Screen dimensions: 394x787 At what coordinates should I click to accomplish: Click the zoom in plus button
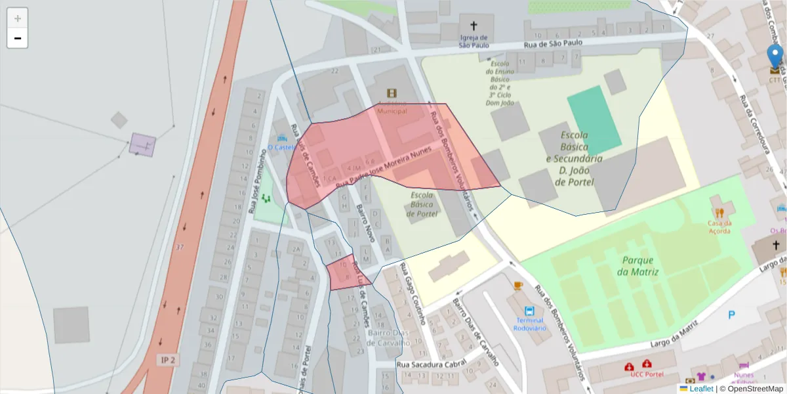pyautogui.click(x=18, y=18)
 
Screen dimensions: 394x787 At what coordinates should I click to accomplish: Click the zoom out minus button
pyautogui.click(x=18, y=38)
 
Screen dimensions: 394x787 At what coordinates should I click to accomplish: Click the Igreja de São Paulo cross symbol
pyautogui.click(x=474, y=26)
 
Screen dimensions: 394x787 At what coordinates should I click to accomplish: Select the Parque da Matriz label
pyautogui.click(x=637, y=265)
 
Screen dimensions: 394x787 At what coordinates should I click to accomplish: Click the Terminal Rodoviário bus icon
pyautogui.click(x=529, y=311)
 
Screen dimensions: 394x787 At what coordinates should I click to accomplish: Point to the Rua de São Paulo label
pyautogui.click(x=553, y=44)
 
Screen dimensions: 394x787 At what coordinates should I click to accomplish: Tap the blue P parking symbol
pyautogui.click(x=731, y=315)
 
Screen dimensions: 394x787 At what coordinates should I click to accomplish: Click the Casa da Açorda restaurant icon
pyautogui.click(x=719, y=213)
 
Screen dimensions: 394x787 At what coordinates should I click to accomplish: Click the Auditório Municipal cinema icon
pyautogui.click(x=392, y=93)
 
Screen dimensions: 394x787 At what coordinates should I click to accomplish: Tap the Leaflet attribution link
pyautogui.click(x=700, y=389)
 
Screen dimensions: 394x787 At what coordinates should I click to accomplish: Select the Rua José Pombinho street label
pyautogui.click(x=258, y=181)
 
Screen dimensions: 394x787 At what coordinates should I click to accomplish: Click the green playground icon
pyautogui.click(x=266, y=198)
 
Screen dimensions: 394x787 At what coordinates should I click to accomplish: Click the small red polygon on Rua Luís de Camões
pyautogui.click(x=346, y=274)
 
